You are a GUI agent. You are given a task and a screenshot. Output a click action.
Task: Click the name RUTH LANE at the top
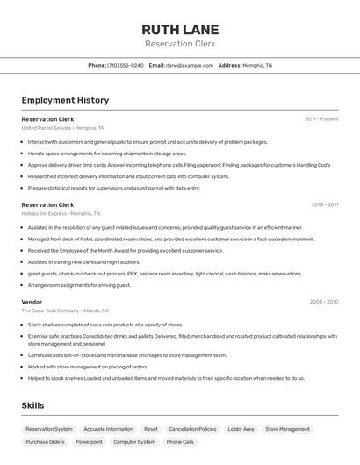click(x=180, y=29)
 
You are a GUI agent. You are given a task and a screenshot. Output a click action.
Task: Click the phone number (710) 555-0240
click(x=126, y=65)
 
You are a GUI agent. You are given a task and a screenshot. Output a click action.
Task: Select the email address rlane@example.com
click(x=190, y=65)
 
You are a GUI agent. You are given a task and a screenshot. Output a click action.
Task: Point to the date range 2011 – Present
click(x=321, y=118)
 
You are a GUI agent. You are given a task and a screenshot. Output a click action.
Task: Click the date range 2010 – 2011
click(x=324, y=204)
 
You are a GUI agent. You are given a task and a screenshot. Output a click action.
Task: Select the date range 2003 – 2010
click(x=324, y=301)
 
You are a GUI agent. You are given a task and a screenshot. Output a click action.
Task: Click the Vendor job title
click(x=32, y=301)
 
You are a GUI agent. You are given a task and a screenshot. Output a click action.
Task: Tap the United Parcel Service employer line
click(x=62, y=127)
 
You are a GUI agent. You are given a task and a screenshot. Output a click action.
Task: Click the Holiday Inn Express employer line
click(x=61, y=213)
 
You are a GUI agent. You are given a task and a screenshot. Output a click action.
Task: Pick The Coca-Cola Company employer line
click(x=65, y=310)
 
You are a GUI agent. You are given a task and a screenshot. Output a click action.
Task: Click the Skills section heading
click(x=33, y=405)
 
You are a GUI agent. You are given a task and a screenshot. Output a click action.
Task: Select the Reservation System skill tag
click(x=49, y=429)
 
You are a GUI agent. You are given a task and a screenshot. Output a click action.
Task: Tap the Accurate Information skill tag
click(x=108, y=429)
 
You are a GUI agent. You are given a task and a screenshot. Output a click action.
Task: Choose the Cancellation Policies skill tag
click(x=192, y=429)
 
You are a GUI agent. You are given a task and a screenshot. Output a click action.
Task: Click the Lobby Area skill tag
click(x=241, y=429)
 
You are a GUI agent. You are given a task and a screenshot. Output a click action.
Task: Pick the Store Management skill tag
click(x=287, y=429)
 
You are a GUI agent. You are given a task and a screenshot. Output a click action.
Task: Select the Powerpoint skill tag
click(x=89, y=442)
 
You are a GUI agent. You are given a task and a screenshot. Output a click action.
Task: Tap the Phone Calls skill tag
click(x=180, y=442)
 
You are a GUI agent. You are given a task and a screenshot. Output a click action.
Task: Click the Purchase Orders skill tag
click(x=45, y=442)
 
